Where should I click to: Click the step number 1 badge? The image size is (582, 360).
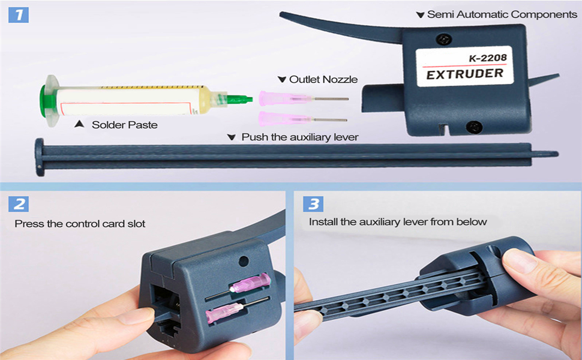pos(19,14)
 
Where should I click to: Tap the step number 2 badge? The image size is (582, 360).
pos(19,203)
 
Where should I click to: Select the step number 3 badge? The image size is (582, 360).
pos(313,203)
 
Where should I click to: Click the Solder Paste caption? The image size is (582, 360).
pos(124,125)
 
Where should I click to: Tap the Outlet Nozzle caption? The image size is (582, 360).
pos(323,79)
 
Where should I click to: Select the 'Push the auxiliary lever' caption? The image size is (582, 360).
pos(299,137)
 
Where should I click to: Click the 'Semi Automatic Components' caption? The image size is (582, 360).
pos(502,14)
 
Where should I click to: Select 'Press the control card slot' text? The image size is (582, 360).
pos(80,224)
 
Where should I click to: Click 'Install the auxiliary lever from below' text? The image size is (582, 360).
pos(398,222)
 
